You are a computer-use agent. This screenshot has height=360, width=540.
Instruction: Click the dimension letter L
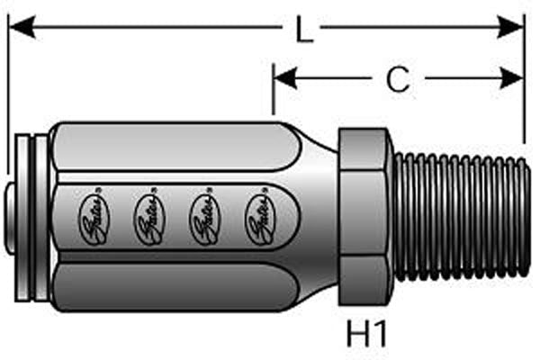(x=304, y=31)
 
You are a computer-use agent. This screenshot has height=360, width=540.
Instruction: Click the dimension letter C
(x=397, y=80)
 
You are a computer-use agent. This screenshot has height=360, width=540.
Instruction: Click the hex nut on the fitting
(x=365, y=216)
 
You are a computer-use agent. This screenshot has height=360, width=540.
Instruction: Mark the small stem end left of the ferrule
(x=12, y=216)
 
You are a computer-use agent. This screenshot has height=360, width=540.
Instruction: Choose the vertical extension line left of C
(x=274, y=99)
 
